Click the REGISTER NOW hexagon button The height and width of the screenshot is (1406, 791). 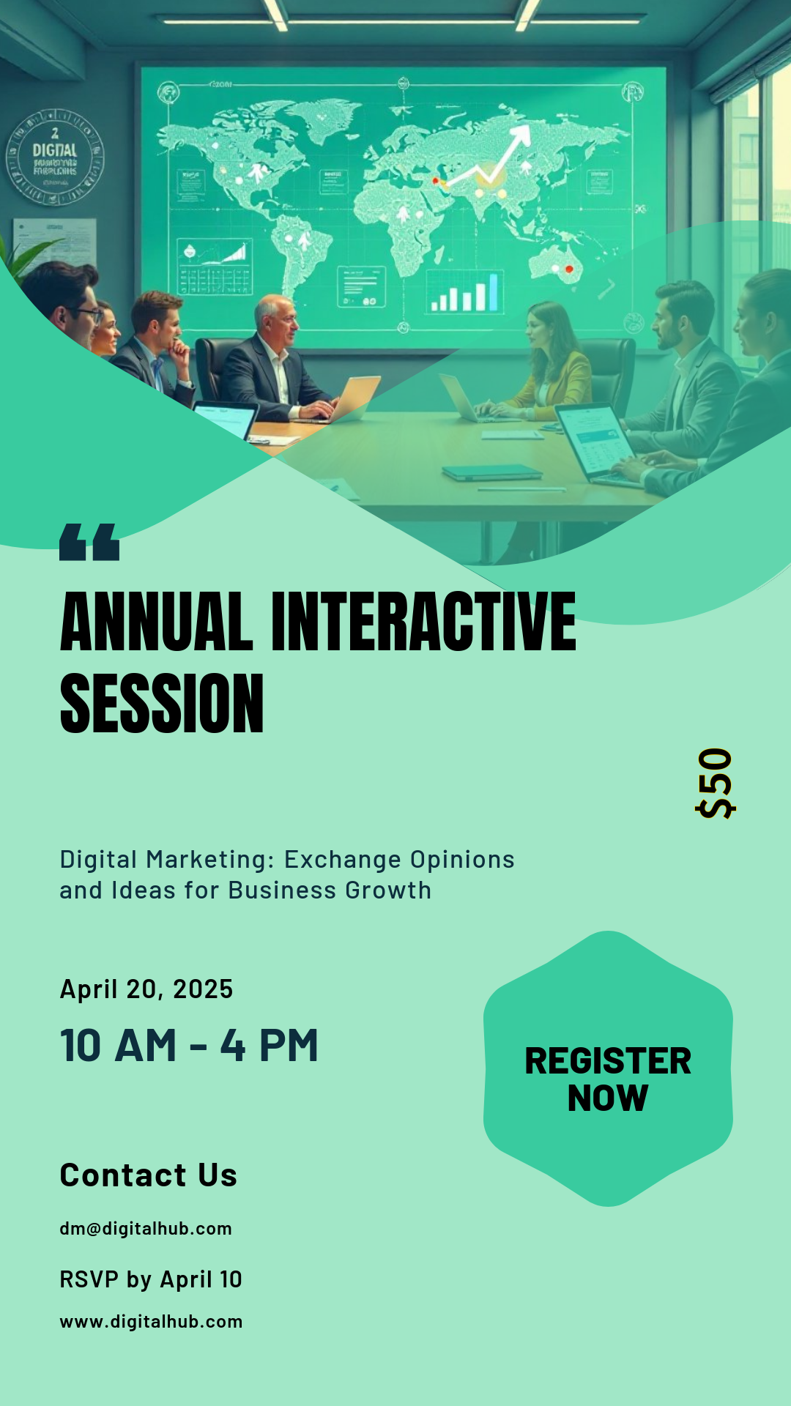click(608, 1069)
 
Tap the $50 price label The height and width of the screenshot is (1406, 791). click(715, 784)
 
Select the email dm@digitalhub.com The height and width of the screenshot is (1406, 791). click(146, 1229)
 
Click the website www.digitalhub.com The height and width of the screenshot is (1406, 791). click(151, 1322)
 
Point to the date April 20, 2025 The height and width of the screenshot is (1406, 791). click(146, 989)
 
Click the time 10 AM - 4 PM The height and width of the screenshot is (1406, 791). click(189, 1046)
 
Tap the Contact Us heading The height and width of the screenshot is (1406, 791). click(149, 1175)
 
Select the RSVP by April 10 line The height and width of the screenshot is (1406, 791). click(151, 1279)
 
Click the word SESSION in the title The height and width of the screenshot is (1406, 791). click(162, 704)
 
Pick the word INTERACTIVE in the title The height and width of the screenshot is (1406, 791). click(423, 622)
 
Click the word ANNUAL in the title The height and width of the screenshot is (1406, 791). click(156, 622)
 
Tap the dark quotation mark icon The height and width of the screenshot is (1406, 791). click(89, 543)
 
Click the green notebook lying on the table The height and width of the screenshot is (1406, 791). click(491, 472)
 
